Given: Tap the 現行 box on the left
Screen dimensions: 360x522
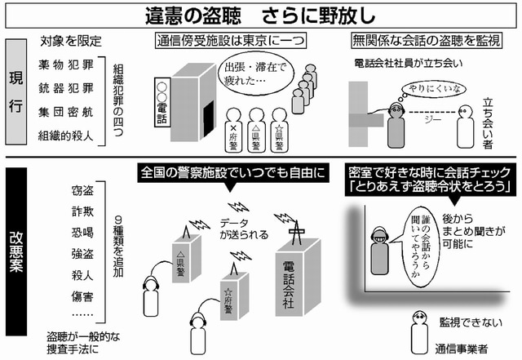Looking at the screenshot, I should pos(17,96).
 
